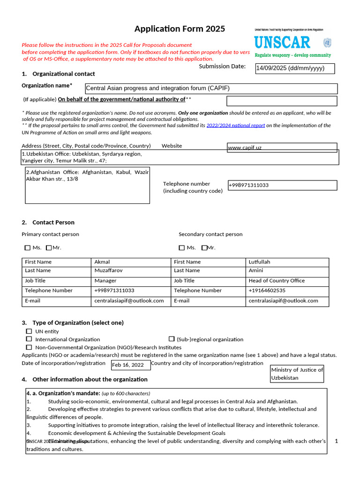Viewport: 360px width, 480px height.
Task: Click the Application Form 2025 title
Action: click(x=180, y=29)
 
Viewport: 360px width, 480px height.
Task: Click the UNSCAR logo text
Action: click(x=282, y=43)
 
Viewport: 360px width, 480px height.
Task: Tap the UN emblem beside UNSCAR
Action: click(x=327, y=43)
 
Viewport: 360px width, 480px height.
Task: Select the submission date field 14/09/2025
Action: click(x=295, y=69)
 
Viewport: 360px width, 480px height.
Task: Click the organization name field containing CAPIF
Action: click(x=211, y=89)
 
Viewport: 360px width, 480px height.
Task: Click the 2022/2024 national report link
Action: click(x=236, y=126)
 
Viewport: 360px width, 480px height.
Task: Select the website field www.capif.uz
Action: click(x=282, y=148)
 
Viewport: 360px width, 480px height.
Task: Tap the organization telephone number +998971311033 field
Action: click(x=282, y=185)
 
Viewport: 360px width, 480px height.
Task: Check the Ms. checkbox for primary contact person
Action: click(x=27, y=247)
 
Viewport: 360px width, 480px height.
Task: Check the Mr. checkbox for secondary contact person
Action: click(x=204, y=247)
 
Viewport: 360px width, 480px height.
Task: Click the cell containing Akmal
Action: click(x=131, y=262)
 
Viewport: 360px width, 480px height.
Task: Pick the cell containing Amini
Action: click(x=288, y=270)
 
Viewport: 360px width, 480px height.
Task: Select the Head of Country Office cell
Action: click(x=288, y=281)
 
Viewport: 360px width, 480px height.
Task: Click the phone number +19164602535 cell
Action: click(x=288, y=291)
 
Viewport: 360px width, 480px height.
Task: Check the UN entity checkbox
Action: click(x=29, y=331)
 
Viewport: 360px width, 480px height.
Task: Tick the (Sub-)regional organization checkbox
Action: click(x=172, y=339)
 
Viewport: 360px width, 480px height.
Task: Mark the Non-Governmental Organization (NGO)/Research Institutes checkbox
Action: click(x=29, y=347)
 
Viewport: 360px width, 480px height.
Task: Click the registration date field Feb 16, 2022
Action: click(x=131, y=365)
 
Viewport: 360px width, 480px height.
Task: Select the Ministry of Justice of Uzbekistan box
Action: click(x=297, y=374)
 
